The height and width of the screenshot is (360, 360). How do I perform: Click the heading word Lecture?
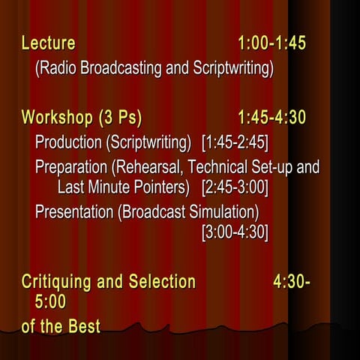coord(48,43)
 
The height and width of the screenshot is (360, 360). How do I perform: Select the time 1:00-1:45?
coord(271,43)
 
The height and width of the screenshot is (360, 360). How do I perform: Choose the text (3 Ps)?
coord(119,118)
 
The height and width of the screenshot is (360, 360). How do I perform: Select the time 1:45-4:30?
coord(271,118)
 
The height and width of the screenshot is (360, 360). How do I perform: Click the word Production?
coord(68,142)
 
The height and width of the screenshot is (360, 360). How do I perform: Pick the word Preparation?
coord(72,166)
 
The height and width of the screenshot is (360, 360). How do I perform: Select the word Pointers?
coord(165,185)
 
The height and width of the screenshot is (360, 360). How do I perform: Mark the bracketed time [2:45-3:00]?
coord(235,185)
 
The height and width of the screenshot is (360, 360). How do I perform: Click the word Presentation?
coord(74,211)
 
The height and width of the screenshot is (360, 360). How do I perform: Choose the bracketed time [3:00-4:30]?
coord(235,232)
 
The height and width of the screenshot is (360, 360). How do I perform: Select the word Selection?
coord(159,282)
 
